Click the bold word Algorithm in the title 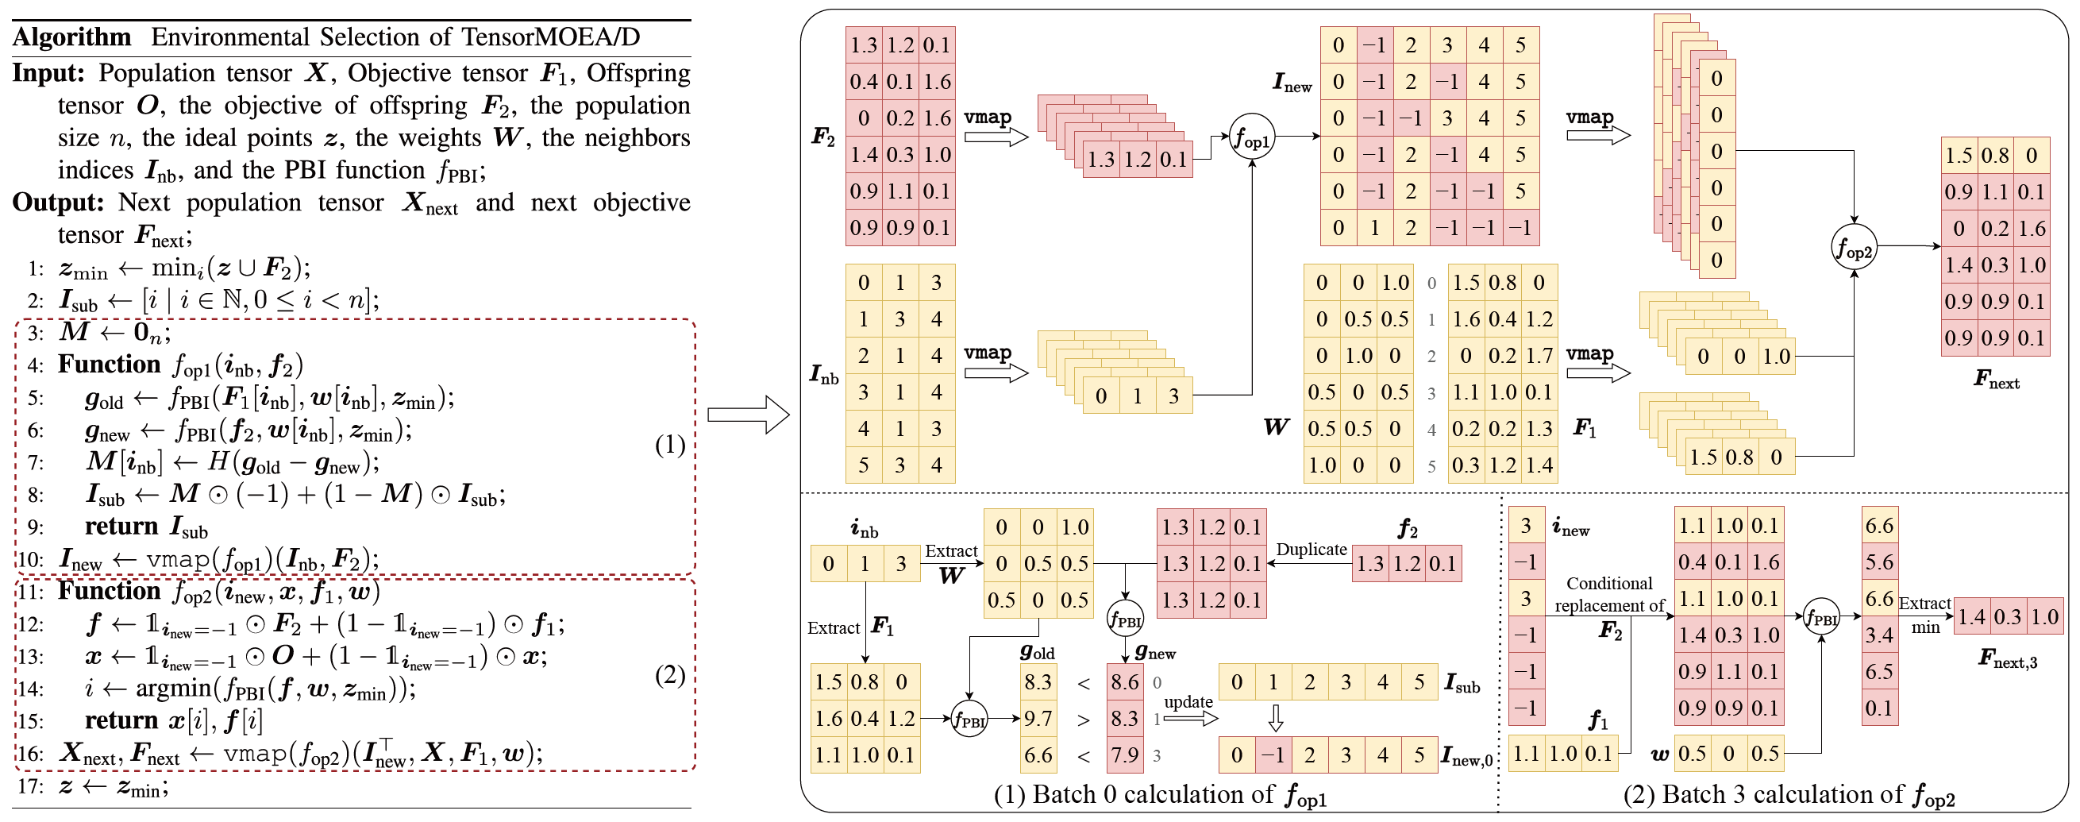(72, 37)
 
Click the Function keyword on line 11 (109, 591)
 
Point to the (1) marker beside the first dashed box (669, 445)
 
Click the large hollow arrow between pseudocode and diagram (748, 415)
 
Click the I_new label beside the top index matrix (1292, 82)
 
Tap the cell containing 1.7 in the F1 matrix (1539, 355)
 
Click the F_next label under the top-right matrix (1996, 379)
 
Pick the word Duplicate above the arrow (1312, 549)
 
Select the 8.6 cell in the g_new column (1125, 682)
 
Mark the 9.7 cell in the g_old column (1038, 718)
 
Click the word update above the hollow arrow (1188, 702)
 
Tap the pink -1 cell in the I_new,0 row (1273, 755)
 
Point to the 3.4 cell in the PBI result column (1879, 635)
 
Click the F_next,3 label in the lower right (2007, 660)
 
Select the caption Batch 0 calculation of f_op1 (1161, 795)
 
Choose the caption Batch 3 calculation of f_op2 (1789, 795)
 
